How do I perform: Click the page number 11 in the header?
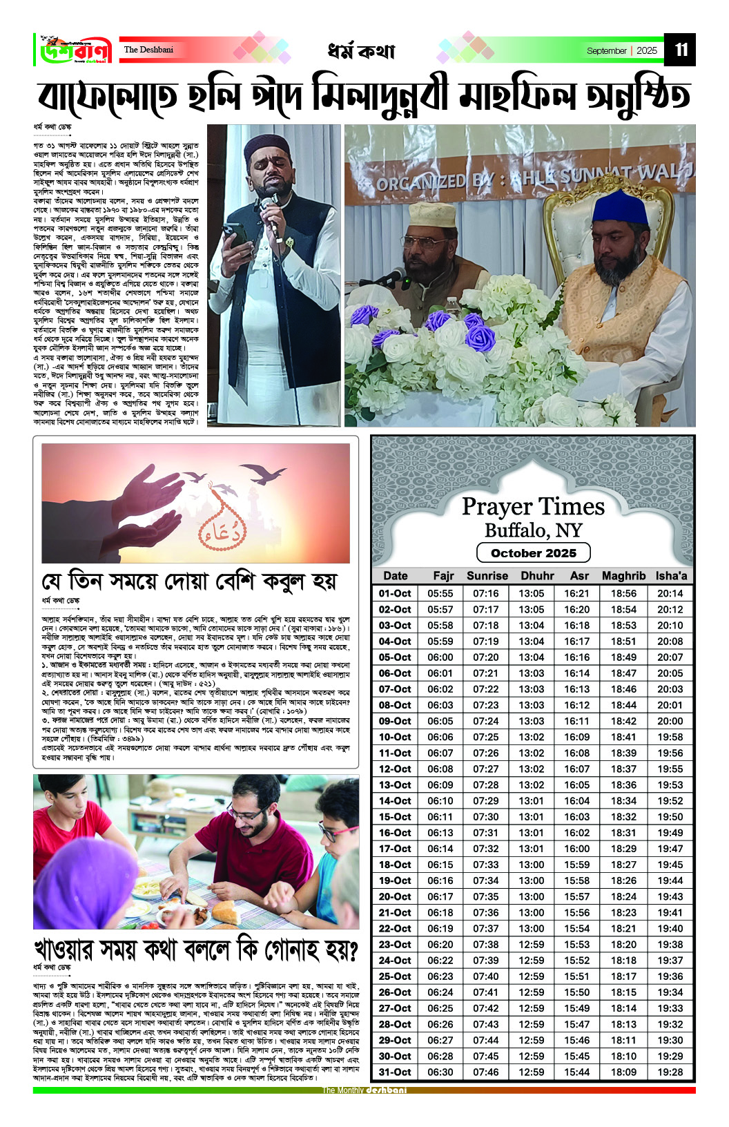(x=681, y=50)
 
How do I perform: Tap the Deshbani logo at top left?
(x=75, y=50)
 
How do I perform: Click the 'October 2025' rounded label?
(x=533, y=553)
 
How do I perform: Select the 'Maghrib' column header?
(x=623, y=576)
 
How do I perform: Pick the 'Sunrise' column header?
(x=487, y=576)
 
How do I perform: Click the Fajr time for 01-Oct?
(x=440, y=593)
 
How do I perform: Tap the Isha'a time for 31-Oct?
(x=670, y=1072)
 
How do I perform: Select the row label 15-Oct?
(x=394, y=817)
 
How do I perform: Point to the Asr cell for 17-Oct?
(x=576, y=849)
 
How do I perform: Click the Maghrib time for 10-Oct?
(x=623, y=737)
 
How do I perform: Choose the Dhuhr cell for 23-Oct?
(x=531, y=945)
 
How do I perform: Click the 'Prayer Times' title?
(x=533, y=507)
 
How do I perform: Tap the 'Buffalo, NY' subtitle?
(x=533, y=530)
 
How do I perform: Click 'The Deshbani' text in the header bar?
(x=148, y=50)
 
